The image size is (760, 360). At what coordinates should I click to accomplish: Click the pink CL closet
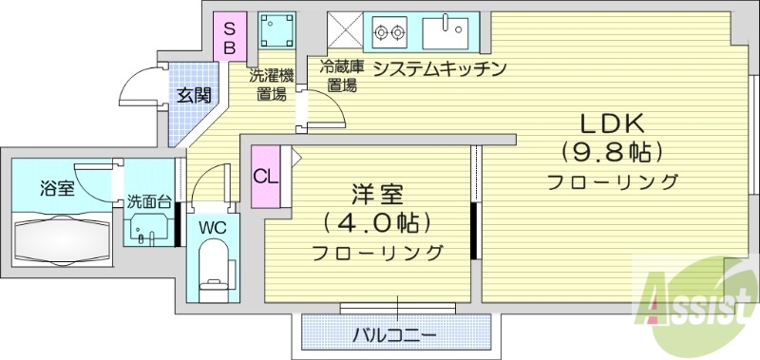pos(265,177)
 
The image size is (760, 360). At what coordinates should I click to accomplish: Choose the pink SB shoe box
pos(229,35)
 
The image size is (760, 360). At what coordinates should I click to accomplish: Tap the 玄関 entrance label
pos(194,95)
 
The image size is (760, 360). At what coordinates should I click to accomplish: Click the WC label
pos(211,227)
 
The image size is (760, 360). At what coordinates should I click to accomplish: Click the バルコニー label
pos(394,335)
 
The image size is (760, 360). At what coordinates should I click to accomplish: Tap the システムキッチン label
pos(436,68)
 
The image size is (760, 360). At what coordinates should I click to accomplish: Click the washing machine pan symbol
pos(279,32)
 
